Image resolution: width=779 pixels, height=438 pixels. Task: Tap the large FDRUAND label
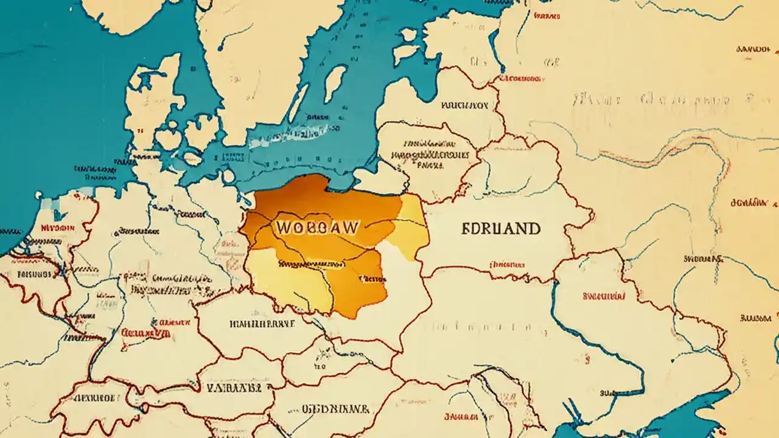501,229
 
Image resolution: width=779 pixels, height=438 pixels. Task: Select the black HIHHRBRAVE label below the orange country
262,324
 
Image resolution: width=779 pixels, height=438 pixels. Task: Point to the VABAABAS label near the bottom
234,387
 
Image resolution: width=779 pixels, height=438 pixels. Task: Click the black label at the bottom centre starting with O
336,409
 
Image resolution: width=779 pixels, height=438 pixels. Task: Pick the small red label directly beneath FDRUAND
506,265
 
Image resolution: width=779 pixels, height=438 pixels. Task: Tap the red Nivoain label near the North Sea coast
57,228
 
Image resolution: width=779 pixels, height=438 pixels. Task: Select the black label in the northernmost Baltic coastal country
464,105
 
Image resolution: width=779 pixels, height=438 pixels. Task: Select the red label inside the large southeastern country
604,296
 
